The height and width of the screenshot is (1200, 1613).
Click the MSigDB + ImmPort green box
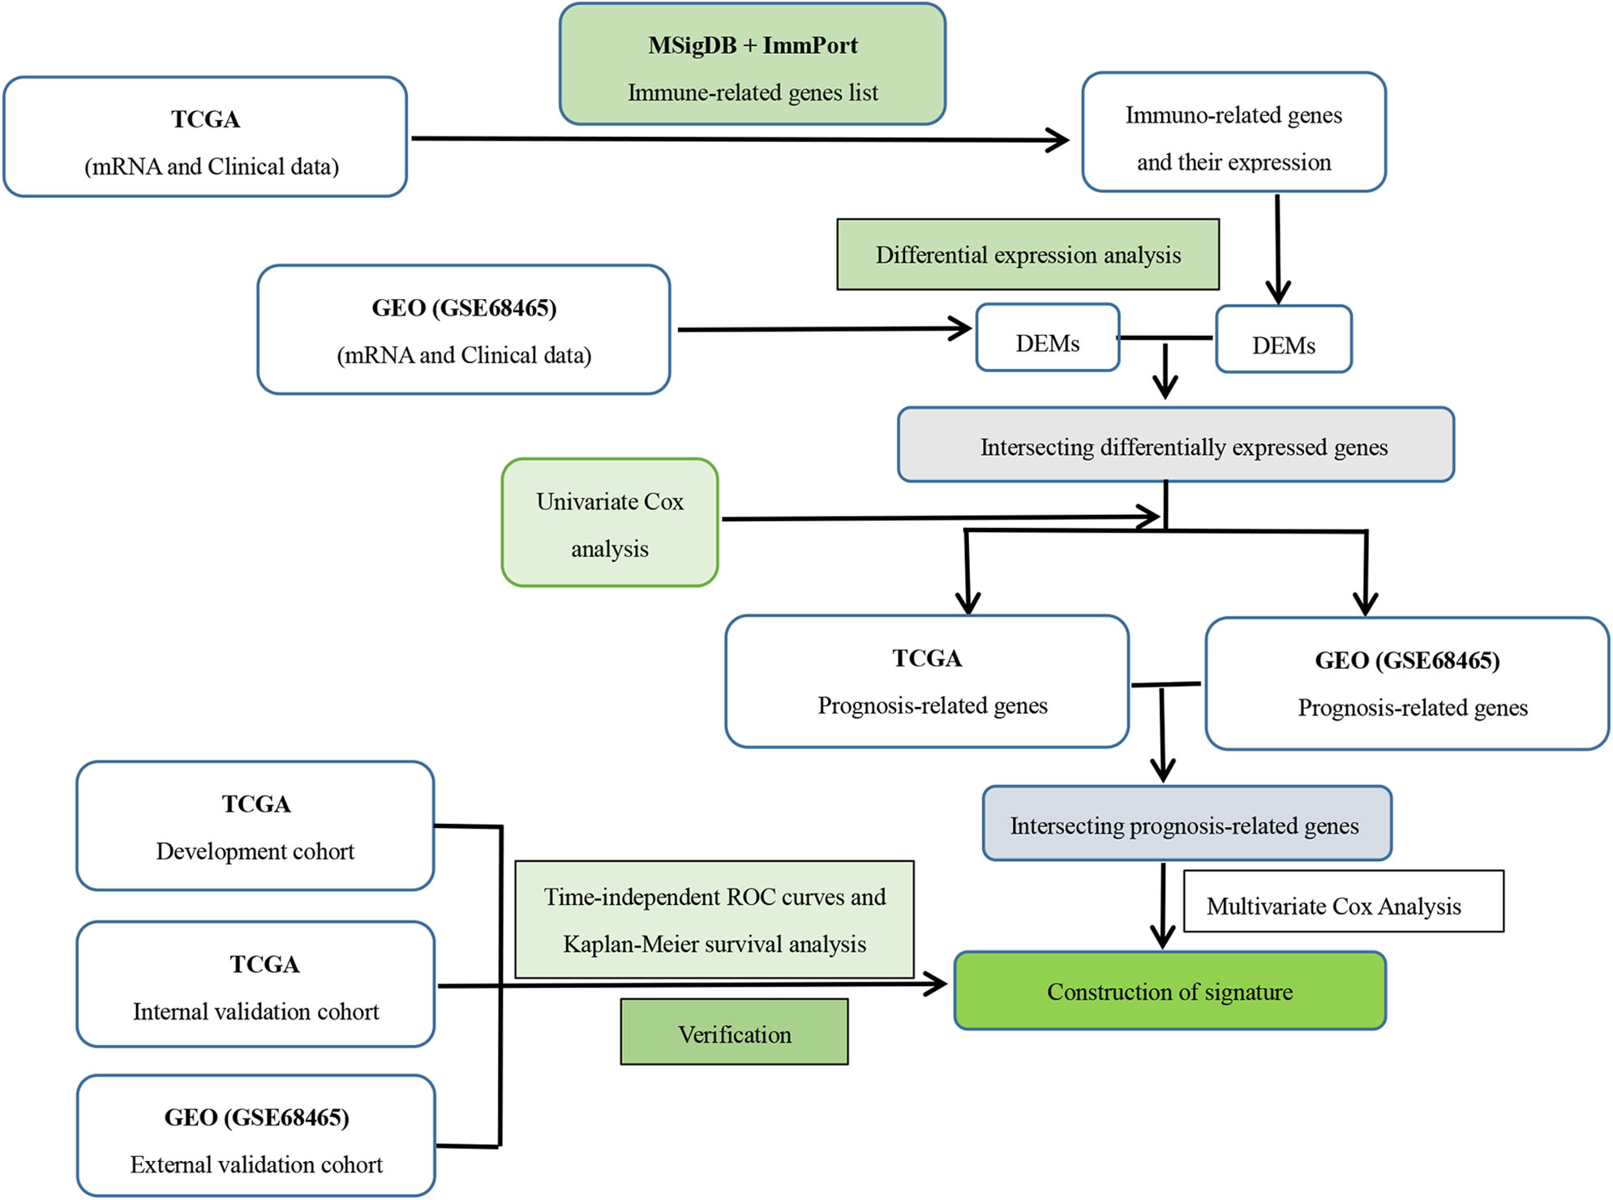pos(752,65)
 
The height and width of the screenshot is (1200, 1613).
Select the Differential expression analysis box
pos(1027,255)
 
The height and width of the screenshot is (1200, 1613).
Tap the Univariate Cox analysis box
pos(610,523)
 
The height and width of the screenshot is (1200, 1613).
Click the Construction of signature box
pos(1169,991)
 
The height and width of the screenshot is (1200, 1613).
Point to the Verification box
pos(734,1032)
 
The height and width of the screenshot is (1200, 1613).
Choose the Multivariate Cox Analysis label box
pos(1343,902)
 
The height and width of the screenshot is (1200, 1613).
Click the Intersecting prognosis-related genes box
pos(1186,824)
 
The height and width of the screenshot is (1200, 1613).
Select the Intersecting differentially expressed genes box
pos(1175,445)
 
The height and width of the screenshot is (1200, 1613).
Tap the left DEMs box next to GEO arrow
pos(1047,339)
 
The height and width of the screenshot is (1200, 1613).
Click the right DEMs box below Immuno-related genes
pos(1283,341)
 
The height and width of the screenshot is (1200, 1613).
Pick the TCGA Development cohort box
pos(255,826)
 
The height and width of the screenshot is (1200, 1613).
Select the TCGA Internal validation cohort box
pos(255,984)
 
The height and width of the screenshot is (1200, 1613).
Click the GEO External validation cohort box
pos(255,1137)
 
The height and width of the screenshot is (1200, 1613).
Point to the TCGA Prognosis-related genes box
pos(927,682)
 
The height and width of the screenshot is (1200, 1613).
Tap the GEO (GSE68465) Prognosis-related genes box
pos(1407,684)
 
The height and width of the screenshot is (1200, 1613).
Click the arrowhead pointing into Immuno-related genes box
pos(1058,139)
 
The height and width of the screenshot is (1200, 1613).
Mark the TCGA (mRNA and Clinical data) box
pos(205,137)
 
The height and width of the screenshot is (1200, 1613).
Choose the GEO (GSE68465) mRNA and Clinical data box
pos(463,330)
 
